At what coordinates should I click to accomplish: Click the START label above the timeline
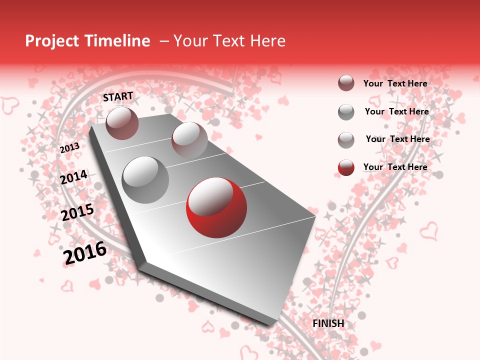(118, 96)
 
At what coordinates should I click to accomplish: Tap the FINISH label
(328, 323)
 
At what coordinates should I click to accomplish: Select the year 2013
(69, 148)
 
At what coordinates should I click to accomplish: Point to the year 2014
(73, 177)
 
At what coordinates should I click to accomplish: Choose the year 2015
(77, 213)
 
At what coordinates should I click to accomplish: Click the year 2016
(85, 253)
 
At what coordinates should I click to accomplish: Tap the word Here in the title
(267, 41)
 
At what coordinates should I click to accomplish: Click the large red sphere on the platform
(216, 207)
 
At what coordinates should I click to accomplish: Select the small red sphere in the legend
(346, 167)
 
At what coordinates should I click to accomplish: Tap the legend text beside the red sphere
(395, 167)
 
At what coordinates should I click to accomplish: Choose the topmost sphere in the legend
(346, 83)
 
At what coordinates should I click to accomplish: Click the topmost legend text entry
(395, 83)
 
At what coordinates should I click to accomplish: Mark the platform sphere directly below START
(122, 123)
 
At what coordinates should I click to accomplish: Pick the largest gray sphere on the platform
(145, 179)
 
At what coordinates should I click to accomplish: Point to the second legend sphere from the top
(346, 112)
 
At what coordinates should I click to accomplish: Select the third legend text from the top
(397, 139)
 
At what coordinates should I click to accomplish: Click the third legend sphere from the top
(346, 140)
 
